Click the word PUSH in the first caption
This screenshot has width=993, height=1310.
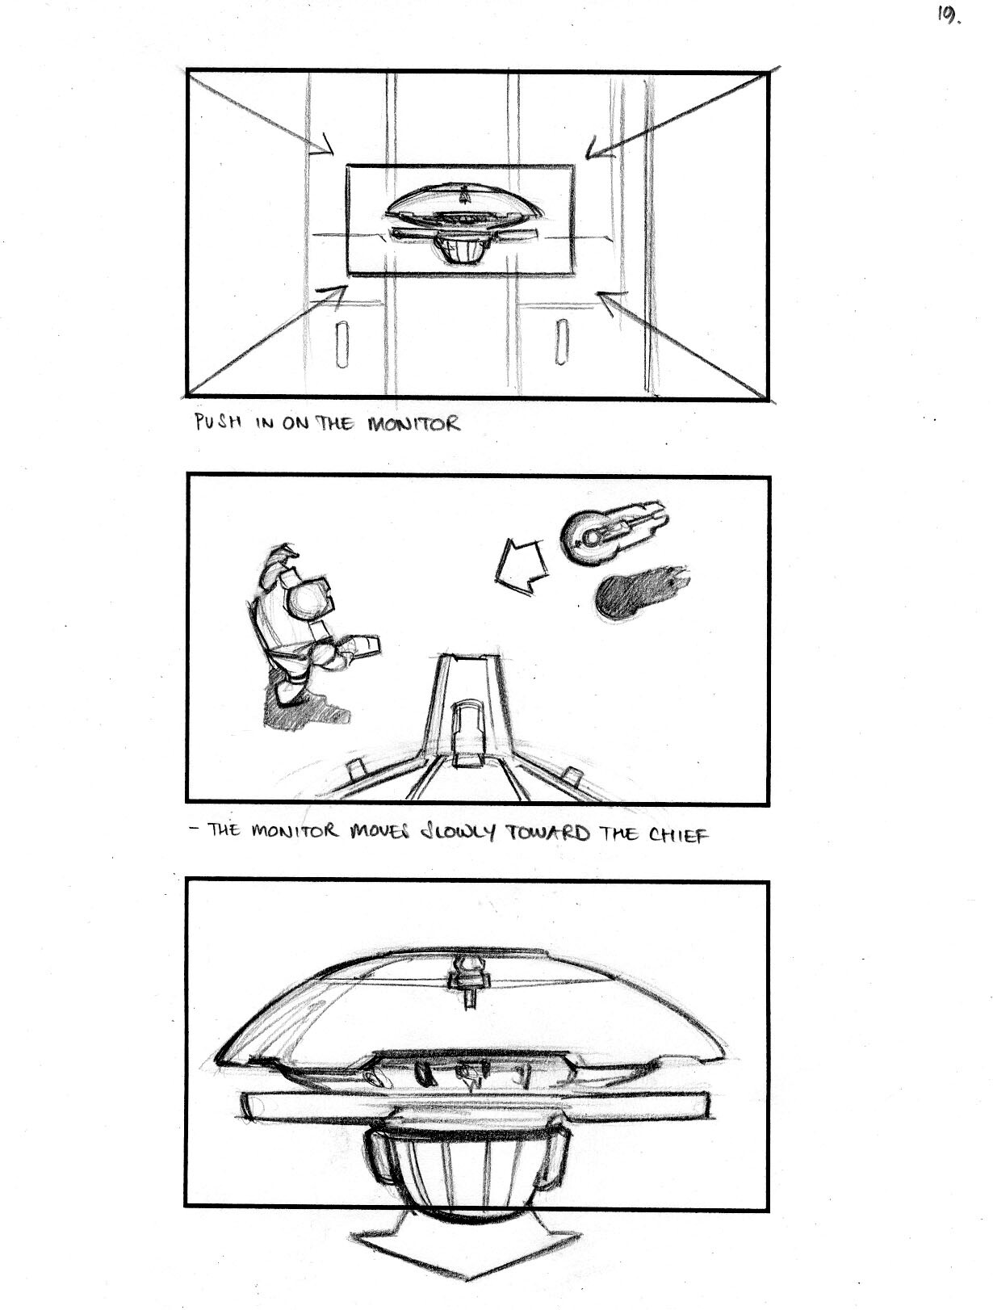pyautogui.click(x=218, y=422)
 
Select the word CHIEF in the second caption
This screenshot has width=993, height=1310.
pyautogui.click(x=679, y=833)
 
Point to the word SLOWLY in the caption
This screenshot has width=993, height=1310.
pyautogui.click(x=458, y=833)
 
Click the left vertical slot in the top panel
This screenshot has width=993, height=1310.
pyautogui.click(x=341, y=345)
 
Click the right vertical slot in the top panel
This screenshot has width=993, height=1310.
pyautogui.click(x=561, y=342)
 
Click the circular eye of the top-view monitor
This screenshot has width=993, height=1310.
pyautogui.click(x=590, y=538)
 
